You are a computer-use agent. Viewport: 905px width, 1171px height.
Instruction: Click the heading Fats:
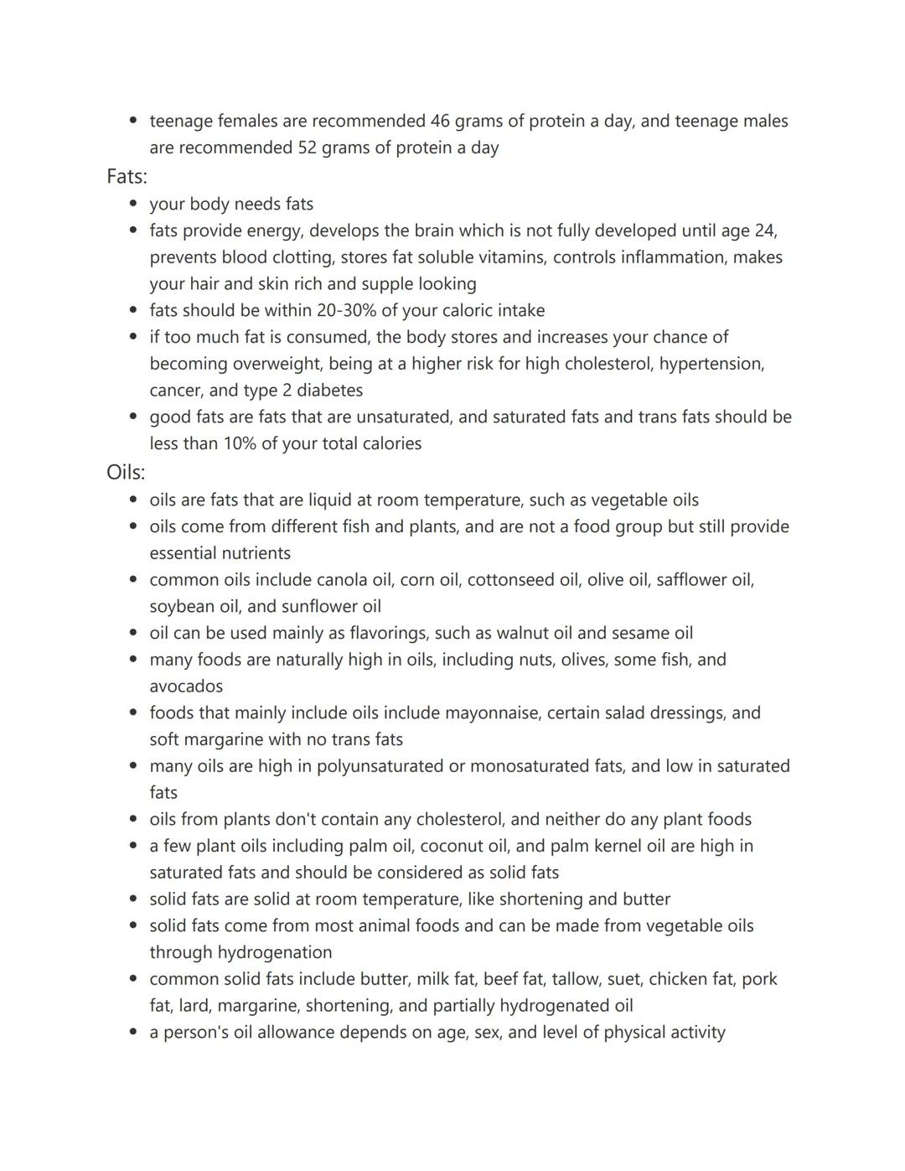pos(127,176)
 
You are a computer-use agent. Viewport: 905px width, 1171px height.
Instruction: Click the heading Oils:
pos(126,472)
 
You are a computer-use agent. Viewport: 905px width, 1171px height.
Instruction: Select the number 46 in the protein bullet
pos(440,121)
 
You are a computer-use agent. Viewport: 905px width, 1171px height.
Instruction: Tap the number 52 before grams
pos(307,148)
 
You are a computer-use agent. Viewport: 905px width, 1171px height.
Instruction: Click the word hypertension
pos(711,364)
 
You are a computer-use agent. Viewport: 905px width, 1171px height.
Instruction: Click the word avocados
pos(186,687)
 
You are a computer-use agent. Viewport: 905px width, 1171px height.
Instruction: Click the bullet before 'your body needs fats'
pos(133,204)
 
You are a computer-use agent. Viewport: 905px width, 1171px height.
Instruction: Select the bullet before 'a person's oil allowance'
pos(133,1032)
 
